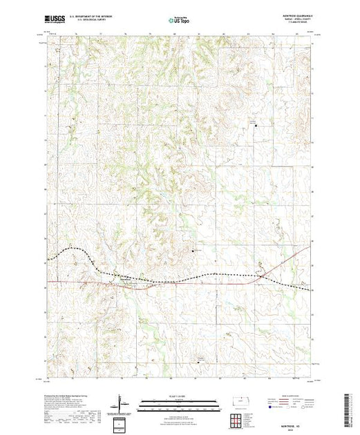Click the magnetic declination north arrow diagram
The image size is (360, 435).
point(122,402)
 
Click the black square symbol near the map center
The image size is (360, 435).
point(193,250)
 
